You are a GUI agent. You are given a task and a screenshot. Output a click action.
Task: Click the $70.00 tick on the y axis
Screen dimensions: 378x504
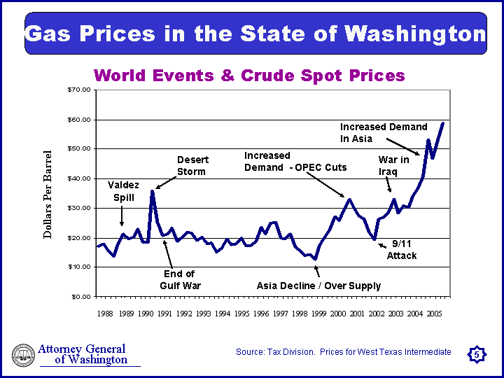click(79, 90)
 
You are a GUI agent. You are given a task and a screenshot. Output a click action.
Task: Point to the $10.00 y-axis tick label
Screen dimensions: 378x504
click(79, 267)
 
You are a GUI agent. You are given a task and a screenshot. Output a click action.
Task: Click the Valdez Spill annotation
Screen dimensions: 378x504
click(123, 191)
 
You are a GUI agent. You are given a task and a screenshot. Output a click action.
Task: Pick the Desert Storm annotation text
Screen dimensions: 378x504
click(192, 166)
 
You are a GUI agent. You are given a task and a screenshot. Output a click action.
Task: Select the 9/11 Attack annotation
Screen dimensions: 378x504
click(402, 249)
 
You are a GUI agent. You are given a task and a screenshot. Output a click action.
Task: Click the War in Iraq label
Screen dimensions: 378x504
click(393, 166)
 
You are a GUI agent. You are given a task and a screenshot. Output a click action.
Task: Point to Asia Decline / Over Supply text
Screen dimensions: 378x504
click(318, 286)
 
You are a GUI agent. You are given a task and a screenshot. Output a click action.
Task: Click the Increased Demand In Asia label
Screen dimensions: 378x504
click(383, 133)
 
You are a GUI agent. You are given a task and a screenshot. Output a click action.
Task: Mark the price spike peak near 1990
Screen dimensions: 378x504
click(152, 191)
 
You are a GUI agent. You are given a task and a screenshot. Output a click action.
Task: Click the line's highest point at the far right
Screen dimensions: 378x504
click(443, 123)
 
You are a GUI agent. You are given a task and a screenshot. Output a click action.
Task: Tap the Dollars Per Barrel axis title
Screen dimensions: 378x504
click(48, 195)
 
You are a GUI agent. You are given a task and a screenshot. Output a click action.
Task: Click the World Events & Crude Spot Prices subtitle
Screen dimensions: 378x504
click(249, 76)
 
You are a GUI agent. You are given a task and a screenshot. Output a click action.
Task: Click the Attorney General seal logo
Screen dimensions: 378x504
click(23, 356)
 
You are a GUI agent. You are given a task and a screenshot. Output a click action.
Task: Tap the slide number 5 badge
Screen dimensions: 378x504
click(476, 356)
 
